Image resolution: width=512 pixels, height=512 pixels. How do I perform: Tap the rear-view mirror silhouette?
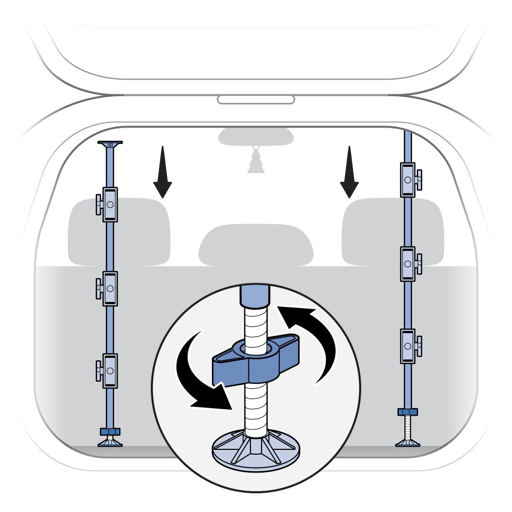point(256,136)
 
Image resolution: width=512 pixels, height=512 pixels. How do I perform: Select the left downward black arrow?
point(163,173)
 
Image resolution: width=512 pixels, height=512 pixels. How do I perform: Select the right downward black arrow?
point(350,173)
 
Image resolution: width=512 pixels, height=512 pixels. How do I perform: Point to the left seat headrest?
point(119,232)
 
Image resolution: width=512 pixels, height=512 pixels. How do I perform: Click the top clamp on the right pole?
point(408,180)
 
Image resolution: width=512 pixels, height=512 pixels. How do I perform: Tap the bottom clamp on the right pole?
point(408,346)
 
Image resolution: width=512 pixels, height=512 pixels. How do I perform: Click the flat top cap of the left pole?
point(110,142)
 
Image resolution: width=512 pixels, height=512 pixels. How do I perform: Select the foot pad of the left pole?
point(110,443)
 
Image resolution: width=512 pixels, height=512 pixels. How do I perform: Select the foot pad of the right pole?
point(408,443)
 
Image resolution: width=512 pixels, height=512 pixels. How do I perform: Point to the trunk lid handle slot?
point(256,100)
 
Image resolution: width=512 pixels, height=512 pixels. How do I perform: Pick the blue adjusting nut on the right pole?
point(408,411)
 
